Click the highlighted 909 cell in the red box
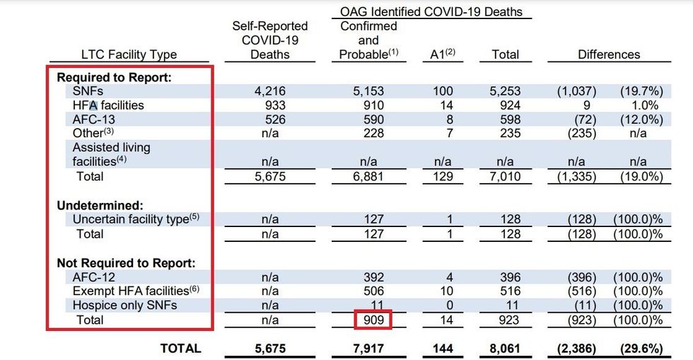click(x=373, y=320)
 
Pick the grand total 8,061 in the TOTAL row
click(x=505, y=348)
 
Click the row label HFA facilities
click(x=108, y=105)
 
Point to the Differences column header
click(x=609, y=54)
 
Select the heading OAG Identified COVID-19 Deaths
click(x=431, y=11)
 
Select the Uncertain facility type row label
click(x=132, y=219)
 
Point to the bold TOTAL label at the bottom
click(x=180, y=348)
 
